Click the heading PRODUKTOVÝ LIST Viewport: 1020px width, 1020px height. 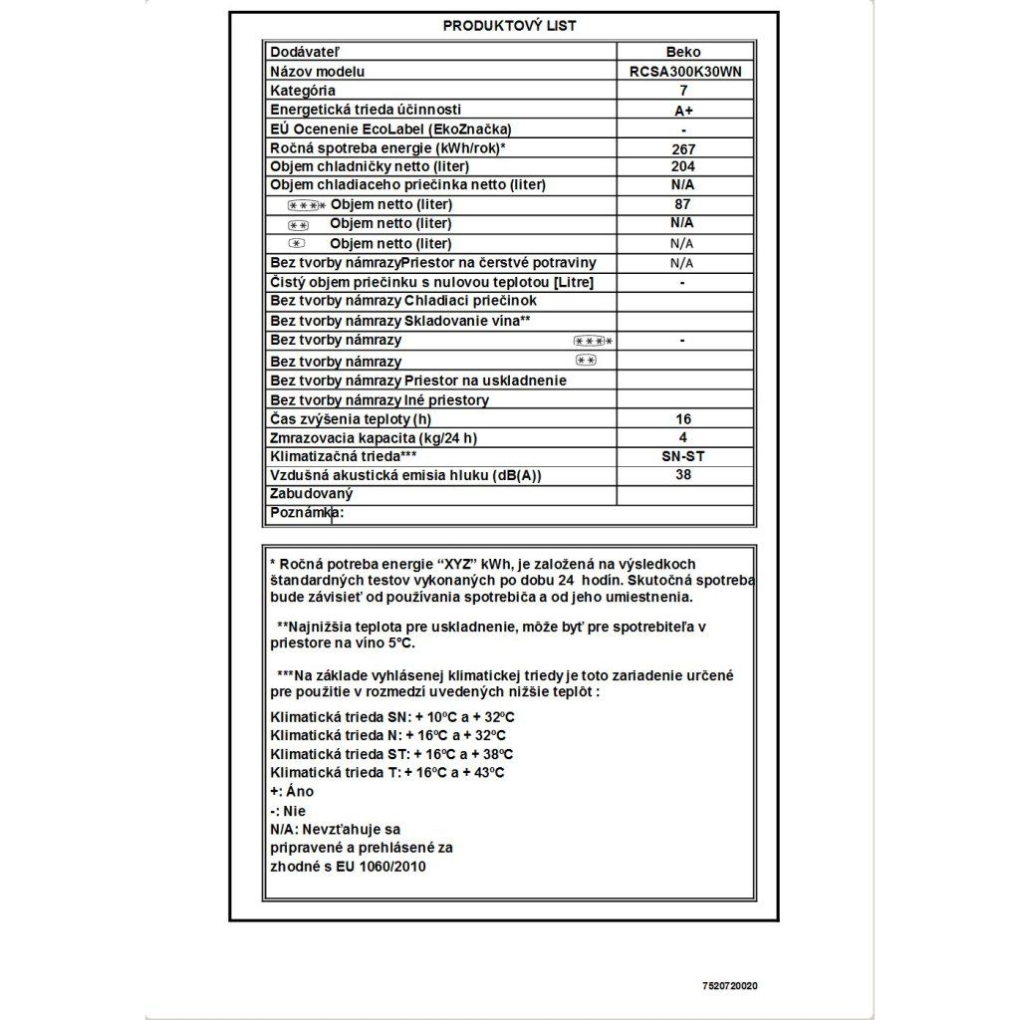click(x=509, y=26)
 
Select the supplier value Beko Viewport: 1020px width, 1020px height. click(x=682, y=52)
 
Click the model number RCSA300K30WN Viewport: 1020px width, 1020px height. click(x=685, y=72)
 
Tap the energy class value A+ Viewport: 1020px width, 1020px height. click(x=683, y=111)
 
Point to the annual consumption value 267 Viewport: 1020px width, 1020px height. click(x=683, y=148)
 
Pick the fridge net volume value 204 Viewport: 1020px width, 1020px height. click(x=683, y=166)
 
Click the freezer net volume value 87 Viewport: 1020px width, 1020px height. click(x=682, y=204)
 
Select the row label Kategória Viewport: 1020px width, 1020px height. click(x=303, y=91)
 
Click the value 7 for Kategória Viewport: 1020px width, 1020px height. click(x=683, y=91)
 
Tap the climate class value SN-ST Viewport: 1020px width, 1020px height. click(x=682, y=456)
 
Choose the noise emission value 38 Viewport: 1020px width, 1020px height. click(x=682, y=475)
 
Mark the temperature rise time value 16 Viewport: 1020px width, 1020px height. click(x=682, y=419)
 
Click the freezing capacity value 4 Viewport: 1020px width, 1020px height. click(x=682, y=437)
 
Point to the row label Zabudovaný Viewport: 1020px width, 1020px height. click(x=312, y=494)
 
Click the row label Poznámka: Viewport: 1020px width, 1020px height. click(x=307, y=513)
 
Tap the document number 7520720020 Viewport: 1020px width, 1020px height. click(x=729, y=986)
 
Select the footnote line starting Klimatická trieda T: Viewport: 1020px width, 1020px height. click(x=387, y=772)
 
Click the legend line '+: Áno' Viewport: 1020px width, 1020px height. click(x=292, y=791)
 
